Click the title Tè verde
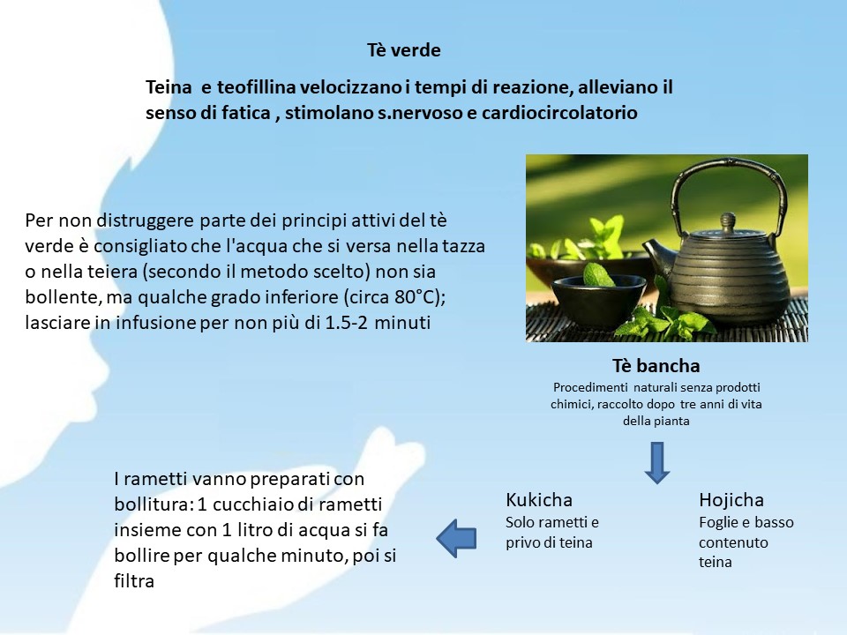pyautogui.click(x=403, y=50)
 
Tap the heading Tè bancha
pyautogui.click(x=656, y=365)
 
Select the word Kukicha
pyautogui.click(x=538, y=500)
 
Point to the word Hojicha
pyautogui.click(x=731, y=500)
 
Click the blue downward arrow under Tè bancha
pyautogui.click(x=656, y=463)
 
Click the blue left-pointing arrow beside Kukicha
pyautogui.click(x=456, y=538)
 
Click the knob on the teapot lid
pyautogui.click(x=728, y=220)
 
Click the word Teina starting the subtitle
pyautogui.click(x=169, y=87)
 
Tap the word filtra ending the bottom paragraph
pyautogui.click(x=134, y=581)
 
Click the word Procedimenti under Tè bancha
pyautogui.click(x=590, y=388)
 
